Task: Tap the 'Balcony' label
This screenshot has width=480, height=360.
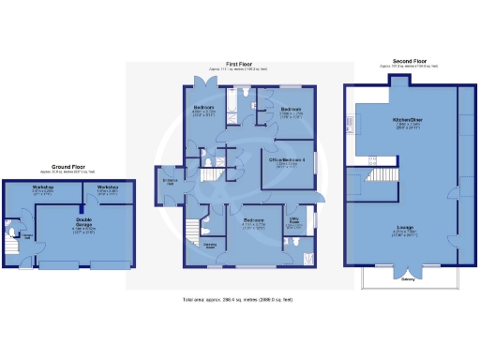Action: click(408, 278)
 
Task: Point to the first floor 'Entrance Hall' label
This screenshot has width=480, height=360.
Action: click(171, 181)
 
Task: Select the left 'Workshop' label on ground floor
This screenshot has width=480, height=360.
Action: click(41, 187)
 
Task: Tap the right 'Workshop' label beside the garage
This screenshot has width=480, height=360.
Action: click(105, 187)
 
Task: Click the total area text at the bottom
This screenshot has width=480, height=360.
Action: click(239, 299)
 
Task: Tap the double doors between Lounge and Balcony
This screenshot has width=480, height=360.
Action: click(407, 266)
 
